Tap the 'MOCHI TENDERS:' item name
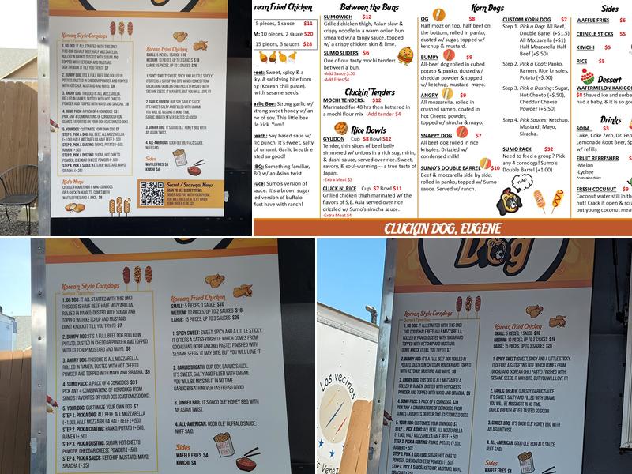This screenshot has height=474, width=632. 347,100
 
